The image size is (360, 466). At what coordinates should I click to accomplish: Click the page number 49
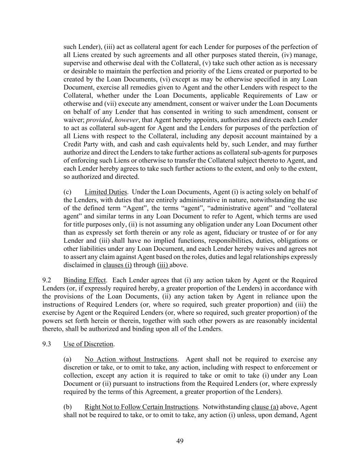[180, 441]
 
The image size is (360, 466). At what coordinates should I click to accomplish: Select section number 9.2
[47, 280]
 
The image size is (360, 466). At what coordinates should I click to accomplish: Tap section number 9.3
[47, 344]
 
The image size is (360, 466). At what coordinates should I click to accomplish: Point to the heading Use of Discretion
[88, 344]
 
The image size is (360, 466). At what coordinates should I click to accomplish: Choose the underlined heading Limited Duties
[106, 192]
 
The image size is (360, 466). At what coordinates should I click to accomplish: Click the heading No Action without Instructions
[131, 359]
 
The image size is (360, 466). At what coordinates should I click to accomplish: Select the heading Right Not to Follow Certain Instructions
[141, 407]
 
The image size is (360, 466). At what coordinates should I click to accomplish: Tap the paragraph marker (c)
[67, 192]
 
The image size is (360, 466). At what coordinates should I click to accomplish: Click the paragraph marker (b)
[67, 407]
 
